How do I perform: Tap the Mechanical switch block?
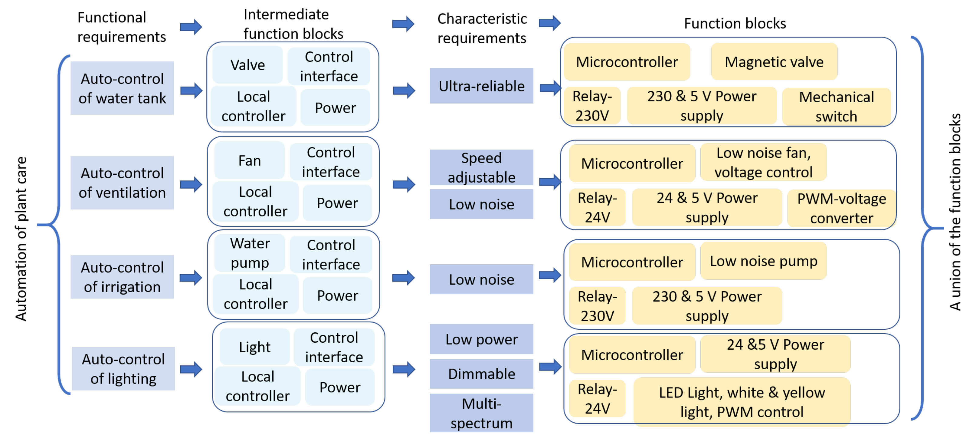(x=836, y=107)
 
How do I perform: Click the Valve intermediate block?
(x=247, y=65)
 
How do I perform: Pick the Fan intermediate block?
(x=249, y=161)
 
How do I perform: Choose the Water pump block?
(x=250, y=253)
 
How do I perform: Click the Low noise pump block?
(x=763, y=261)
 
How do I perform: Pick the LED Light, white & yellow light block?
(x=742, y=402)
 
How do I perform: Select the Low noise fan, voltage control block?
(x=763, y=163)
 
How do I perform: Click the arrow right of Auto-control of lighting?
(x=191, y=369)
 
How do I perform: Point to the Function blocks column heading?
(x=734, y=24)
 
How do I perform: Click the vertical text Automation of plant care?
(x=21, y=239)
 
